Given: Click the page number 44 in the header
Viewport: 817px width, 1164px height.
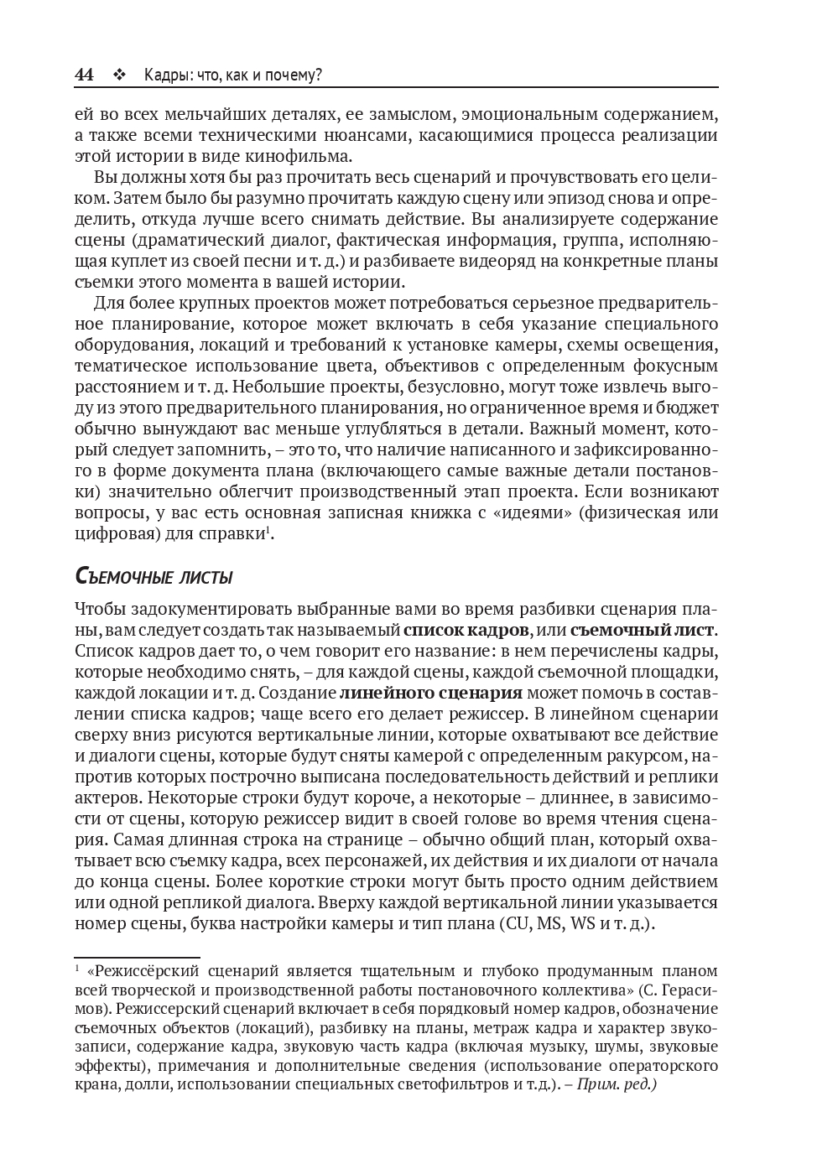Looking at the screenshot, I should point(84,75).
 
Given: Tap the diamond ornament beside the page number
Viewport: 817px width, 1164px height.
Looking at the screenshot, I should point(118,75).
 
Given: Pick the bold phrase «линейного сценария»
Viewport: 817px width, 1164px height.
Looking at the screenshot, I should point(431,693).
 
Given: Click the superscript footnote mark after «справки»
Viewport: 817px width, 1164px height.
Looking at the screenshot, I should point(268,529).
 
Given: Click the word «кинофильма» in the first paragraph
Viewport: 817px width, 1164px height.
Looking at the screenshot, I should point(306,156).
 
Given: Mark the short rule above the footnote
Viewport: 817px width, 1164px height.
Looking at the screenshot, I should point(137,957).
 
